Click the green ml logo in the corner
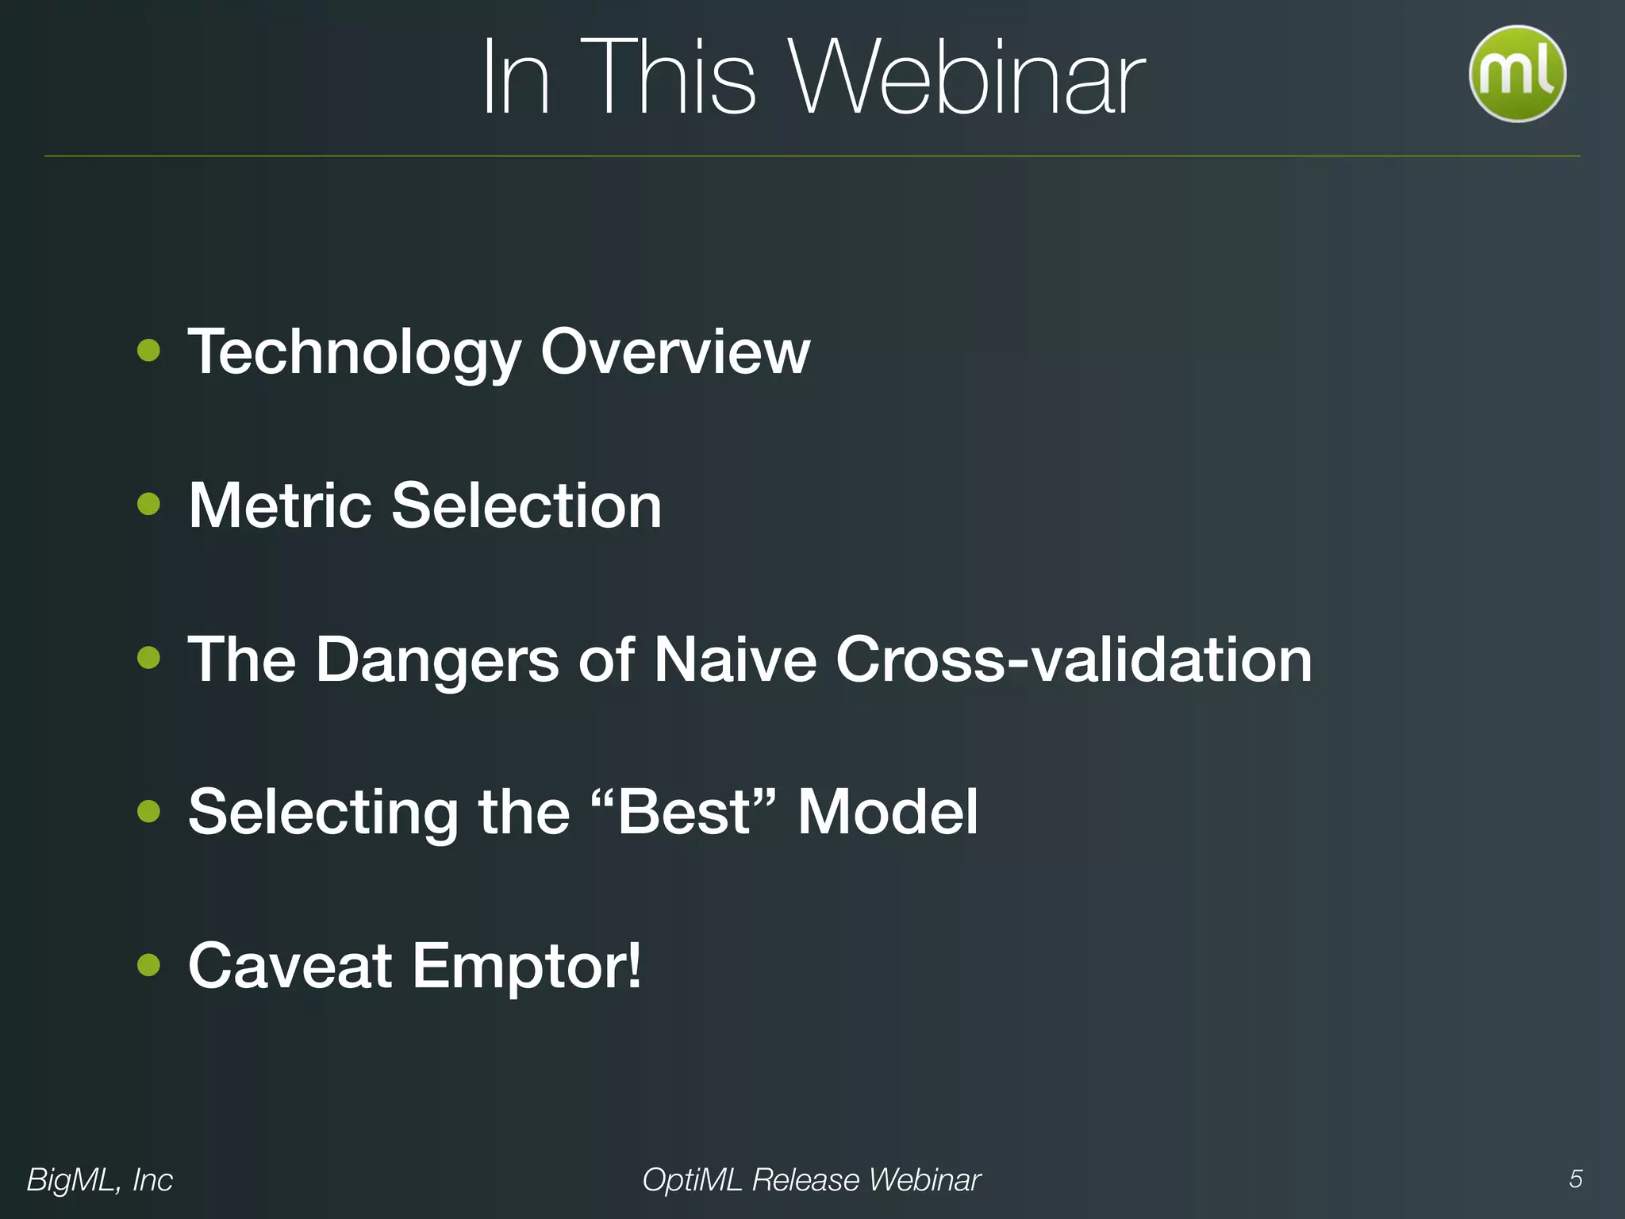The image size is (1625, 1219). click(x=1517, y=74)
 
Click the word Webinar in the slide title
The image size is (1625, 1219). click(x=967, y=79)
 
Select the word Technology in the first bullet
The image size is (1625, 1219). click(x=355, y=352)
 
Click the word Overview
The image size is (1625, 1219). click(x=675, y=352)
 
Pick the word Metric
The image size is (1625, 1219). click(x=280, y=506)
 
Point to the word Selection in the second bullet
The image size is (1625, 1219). click(x=527, y=506)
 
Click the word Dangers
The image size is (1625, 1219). click(x=437, y=659)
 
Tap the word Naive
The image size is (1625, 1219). click(x=735, y=659)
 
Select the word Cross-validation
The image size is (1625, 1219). click(x=1074, y=659)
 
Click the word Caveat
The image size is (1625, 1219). click(x=290, y=966)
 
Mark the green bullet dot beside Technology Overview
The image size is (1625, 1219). click(x=148, y=351)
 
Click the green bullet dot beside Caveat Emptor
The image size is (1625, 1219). click(x=148, y=965)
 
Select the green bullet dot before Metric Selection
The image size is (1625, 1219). click(x=148, y=504)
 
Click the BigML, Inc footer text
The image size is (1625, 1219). click(x=100, y=1180)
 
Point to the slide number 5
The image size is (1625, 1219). click(x=1575, y=1179)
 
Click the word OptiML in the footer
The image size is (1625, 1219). click(x=691, y=1180)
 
